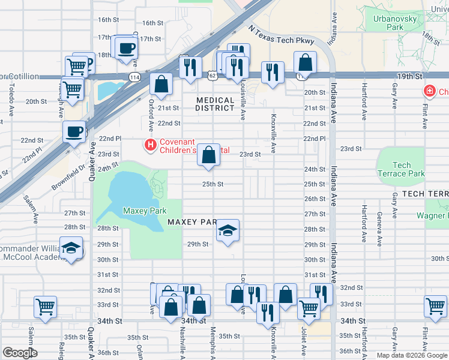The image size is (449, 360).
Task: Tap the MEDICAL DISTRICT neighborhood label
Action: click(215, 104)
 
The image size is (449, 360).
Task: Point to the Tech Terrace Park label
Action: click(401, 169)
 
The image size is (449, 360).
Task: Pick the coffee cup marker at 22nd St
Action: click(74, 131)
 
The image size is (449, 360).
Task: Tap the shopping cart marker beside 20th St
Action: click(73, 89)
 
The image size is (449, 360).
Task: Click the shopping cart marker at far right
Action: click(435, 305)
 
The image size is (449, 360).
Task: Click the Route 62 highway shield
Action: click(212, 76)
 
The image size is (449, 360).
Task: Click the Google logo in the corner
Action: click(20, 353)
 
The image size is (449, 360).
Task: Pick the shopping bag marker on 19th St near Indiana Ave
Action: click(305, 62)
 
